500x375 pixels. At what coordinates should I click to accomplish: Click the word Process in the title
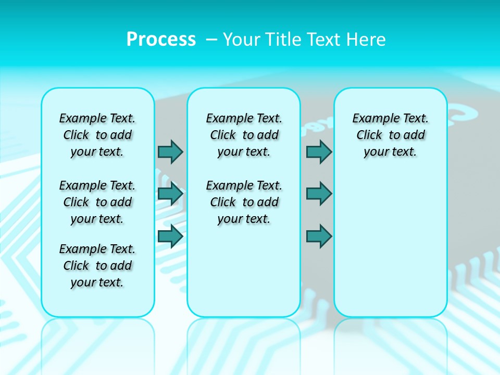(x=161, y=40)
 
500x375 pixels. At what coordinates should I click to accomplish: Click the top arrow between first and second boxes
(x=170, y=152)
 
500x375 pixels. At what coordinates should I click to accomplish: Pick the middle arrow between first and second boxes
(x=170, y=194)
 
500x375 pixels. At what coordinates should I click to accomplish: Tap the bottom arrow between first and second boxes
(x=170, y=236)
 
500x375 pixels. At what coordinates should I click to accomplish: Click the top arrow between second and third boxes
(x=319, y=152)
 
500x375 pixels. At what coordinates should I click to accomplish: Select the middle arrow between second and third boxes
(x=319, y=194)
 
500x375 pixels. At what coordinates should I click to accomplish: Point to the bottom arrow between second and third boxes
(x=319, y=236)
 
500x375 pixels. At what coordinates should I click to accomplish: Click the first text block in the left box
(x=97, y=135)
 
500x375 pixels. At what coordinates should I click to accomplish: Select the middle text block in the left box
(x=97, y=202)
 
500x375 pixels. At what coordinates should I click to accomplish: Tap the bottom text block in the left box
(x=97, y=266)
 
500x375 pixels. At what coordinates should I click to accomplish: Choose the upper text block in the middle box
(x=244, y=135)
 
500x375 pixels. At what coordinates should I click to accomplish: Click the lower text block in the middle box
(x=244, y=202)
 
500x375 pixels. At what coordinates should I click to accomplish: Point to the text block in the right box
(x=391, y=135)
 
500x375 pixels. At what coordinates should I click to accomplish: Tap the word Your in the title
(x=240, y=40)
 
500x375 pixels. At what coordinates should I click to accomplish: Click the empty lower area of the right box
(x=391, y=245)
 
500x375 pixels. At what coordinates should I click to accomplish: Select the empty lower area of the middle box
(x=244, y=271)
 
